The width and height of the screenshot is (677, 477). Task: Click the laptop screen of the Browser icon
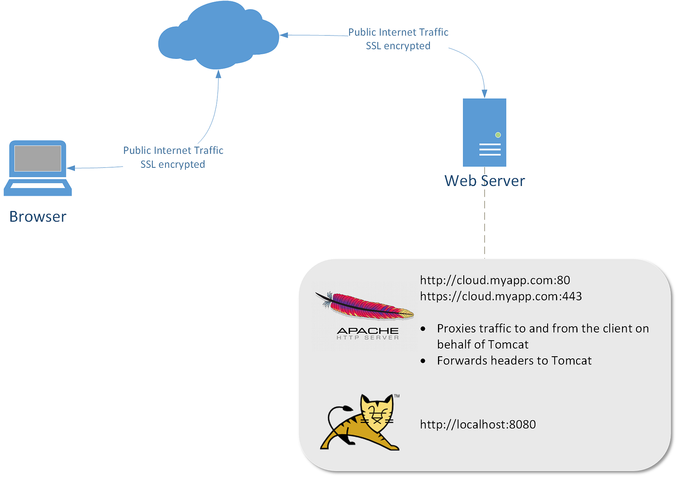pyautogui.click(x=38, y=158)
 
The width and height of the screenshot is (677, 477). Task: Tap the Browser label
pyautogui.click(x=38, y=216)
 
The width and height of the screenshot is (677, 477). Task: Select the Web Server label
pyautogui.click(x=484, y=181)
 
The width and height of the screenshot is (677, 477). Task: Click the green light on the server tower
pyautogui.click(x=498, y=135)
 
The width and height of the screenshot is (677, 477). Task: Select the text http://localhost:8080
pyautogui.click(x=478, y=424)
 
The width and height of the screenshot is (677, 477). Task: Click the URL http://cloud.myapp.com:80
pyautogui.click(x=495, y=280)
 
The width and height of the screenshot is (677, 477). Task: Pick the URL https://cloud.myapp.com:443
pyautogui.click(x=501, y=296)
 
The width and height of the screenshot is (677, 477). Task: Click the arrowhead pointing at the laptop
pyautogui.click(x=71, y=168)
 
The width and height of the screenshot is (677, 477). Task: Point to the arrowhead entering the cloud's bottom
pyautogui.click(x=218, y=75)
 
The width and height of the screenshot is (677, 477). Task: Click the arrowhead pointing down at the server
pyautogui.click(x=484, y=94)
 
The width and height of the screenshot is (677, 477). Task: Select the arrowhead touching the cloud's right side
pyautogui.click(x=284, y=35)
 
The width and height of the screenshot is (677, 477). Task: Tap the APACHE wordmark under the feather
pyautogui.click(x=368, y=330)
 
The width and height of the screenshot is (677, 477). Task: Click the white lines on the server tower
pyautogui.click(x=490, y=150)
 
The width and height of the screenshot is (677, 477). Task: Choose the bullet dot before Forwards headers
pyautogui.click(x=423, y=361)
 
